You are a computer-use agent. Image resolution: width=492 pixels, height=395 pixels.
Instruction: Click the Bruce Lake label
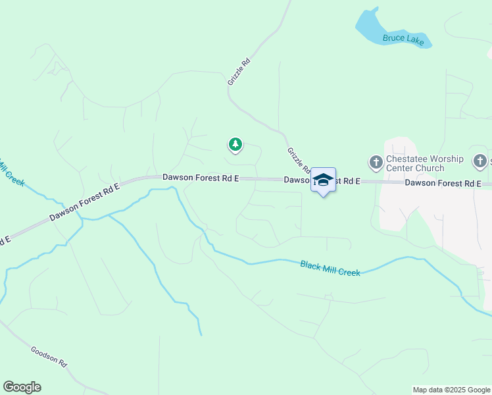(403, 39)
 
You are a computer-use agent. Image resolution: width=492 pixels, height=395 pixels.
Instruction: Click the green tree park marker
(235, 144)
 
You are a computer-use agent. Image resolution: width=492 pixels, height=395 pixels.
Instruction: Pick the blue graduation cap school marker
(323, 180)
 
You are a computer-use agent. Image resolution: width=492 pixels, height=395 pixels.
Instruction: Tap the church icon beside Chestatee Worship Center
(376, 162)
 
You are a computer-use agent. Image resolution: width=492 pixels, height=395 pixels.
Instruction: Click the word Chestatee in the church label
(408, 159)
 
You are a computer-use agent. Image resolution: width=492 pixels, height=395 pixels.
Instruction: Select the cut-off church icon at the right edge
(481, 161)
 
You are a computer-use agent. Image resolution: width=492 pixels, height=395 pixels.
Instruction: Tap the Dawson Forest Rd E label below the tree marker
(201, 178)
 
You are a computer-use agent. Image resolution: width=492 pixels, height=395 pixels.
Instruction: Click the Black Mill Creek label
(330, 268)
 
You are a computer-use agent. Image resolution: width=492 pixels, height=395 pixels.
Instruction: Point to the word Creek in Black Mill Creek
(349, 271)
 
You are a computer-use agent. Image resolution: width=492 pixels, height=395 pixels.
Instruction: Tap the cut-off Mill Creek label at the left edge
(12, 172)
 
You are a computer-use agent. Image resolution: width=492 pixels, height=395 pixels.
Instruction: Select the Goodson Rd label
(49, 356)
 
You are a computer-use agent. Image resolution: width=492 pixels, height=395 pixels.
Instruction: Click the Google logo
(22, 387)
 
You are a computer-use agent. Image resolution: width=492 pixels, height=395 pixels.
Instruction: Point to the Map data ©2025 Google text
(451, 390)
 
